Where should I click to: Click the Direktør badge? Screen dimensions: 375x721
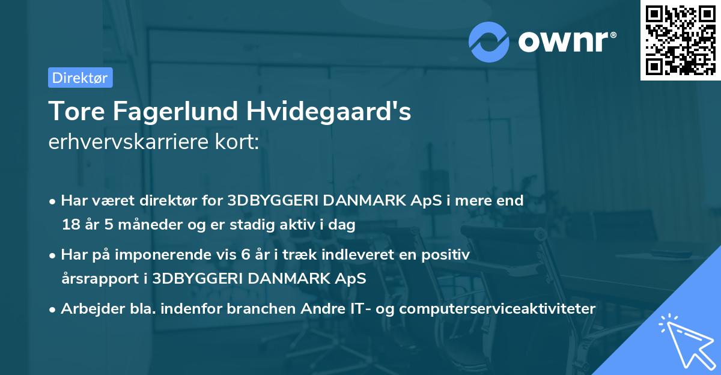tap(80, 77)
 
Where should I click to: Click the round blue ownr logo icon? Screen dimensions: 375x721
tap(489, 41)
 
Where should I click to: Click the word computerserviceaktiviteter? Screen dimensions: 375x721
tap(497, 309)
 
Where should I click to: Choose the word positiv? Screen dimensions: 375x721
tap(446, 255)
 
